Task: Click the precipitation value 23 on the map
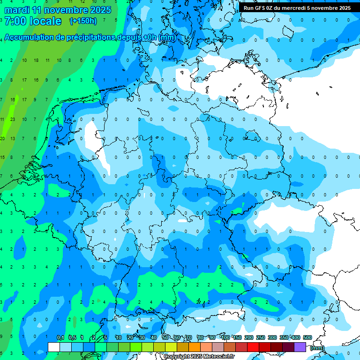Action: point(13,119)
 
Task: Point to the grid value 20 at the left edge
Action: point(2,138)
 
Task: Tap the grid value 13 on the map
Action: point(13,138)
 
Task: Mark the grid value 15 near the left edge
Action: point(2,157)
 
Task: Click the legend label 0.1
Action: point(60,338)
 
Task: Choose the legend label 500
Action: point(307,338)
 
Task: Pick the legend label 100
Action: point(225,338)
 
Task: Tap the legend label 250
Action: point(261,338)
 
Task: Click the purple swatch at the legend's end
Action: point(300,347)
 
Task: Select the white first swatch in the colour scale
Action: point(54,347)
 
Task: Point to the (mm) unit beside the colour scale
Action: point(317,348)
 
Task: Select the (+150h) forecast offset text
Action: point(83,21)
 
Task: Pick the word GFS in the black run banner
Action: point(261,8)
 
